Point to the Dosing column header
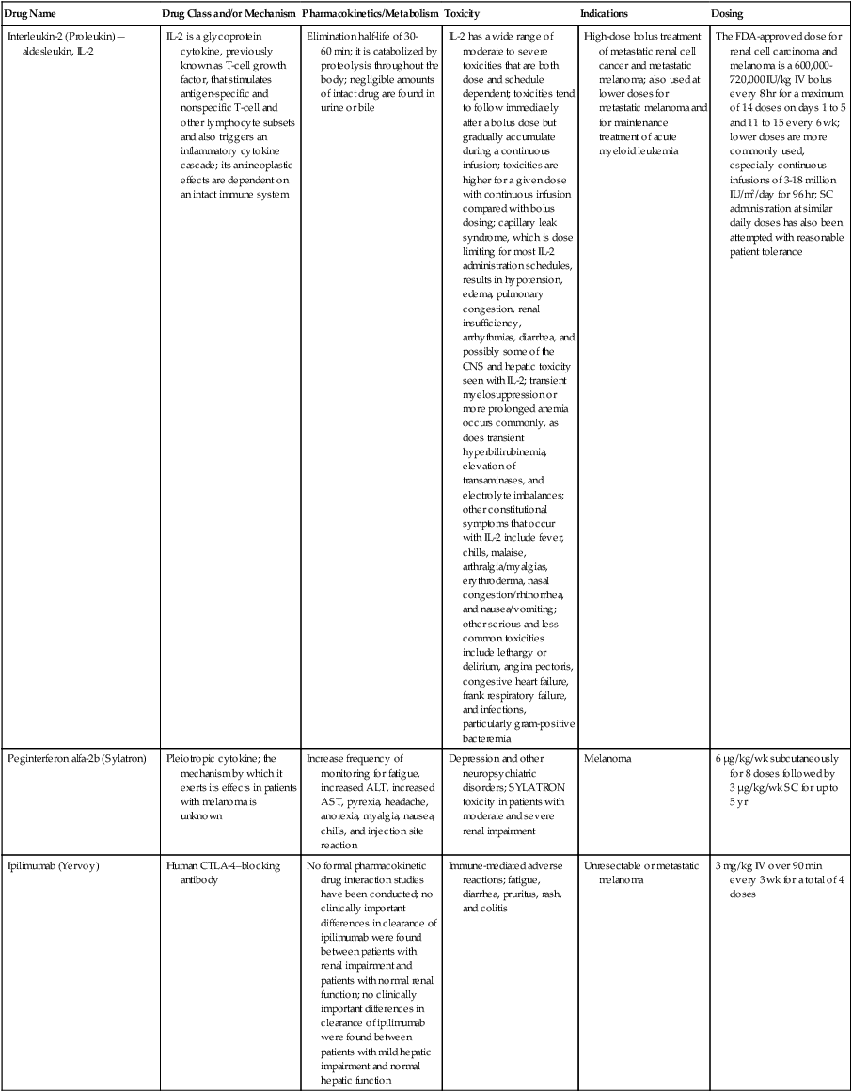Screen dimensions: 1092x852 pos(728,15)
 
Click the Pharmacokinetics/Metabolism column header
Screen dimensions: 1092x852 pos(370,15)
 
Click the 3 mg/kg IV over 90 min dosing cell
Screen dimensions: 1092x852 pos(777,878)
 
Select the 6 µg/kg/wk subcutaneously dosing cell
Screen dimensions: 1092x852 pos(778,780)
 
